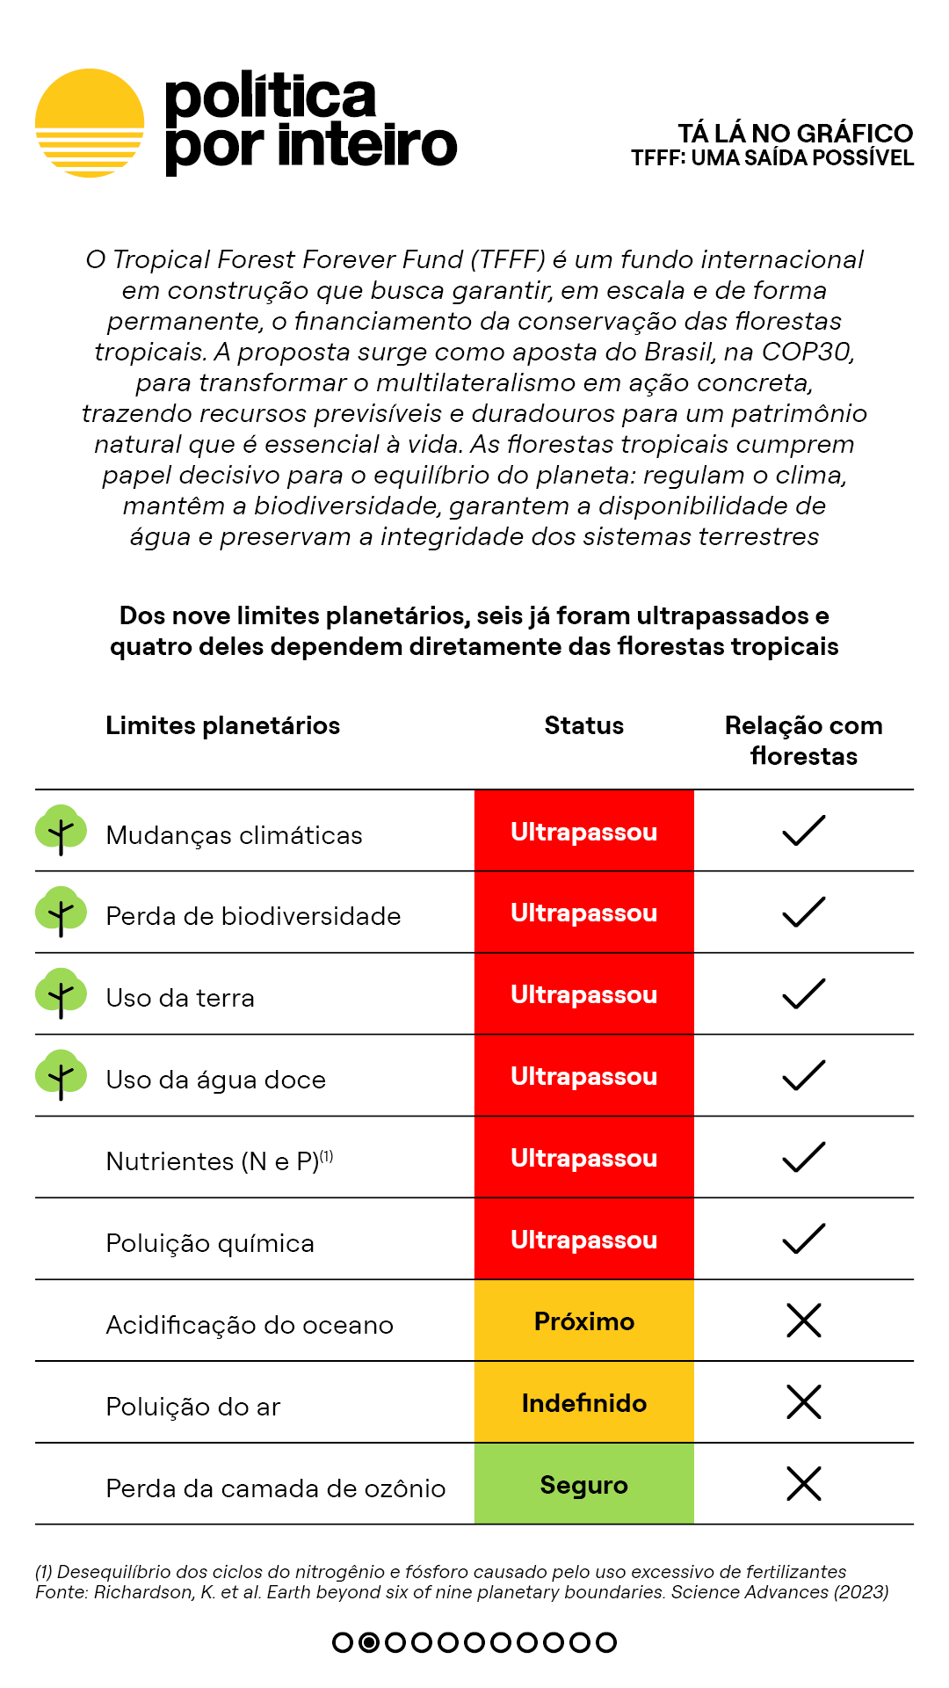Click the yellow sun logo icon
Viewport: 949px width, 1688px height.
(x=90, y=123)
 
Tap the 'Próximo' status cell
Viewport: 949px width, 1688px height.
(x=583, y=1321)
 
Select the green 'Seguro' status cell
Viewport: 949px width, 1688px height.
(x=583, y=1485)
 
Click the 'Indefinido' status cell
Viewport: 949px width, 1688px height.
(x=583, y=1403)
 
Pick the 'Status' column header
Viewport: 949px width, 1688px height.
(x=583, y=725)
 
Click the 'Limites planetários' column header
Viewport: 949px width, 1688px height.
(x=222, y=725)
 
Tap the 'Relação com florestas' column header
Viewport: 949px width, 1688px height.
(x=803, y=740)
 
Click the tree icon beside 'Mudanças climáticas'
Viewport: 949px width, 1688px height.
(x=61, y=829)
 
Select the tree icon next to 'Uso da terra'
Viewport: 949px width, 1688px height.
(x=61, y=993)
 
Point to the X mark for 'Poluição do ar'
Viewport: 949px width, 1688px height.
(x=803, y=1402)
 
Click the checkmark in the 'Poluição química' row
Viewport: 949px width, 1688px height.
(x=803, y=1239)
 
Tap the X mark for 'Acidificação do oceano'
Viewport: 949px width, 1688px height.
(x=803, y=1321)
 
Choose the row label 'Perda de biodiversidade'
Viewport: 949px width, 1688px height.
(x=253, y=916)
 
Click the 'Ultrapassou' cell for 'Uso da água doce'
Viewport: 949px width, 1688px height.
(x=583, y=1076)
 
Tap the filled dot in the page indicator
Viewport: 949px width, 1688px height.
(x=369, y=1642)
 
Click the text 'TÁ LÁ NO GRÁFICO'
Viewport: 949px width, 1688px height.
(x=795, y=134)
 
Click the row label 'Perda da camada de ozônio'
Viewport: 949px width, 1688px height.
(x=275, y=1488)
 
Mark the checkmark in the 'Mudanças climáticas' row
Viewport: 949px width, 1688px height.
(x=803, y=831)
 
